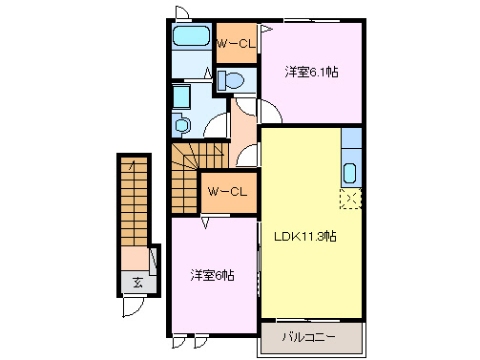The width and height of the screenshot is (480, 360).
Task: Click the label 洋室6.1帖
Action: tap(311, 72)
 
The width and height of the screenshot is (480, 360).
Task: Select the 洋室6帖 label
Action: tap(211, 275)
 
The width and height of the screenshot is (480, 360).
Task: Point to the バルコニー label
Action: tap(310, 337)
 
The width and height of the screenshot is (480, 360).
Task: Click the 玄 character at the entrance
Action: tap(137, 283)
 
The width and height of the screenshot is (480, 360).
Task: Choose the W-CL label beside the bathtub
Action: tap(236, 44)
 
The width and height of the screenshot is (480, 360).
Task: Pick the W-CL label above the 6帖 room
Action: tap(228, 191)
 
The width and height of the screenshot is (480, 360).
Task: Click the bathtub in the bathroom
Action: tap(192, 39)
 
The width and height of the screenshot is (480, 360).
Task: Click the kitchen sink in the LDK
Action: tap(349, 175)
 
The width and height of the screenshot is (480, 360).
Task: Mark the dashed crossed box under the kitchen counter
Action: tap(350, 199)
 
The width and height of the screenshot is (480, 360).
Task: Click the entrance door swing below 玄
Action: tap(133, 305)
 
